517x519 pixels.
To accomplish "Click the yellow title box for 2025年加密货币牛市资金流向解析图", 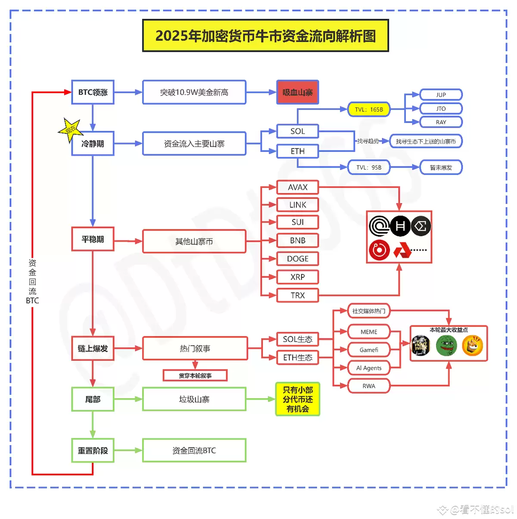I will tap(265, 36).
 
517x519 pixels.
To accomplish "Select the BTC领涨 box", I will tap(93, 92).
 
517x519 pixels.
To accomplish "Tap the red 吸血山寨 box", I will tap(297, 92).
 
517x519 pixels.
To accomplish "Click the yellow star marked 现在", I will tap(70, 129).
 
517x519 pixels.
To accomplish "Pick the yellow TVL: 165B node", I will tap(369, 109).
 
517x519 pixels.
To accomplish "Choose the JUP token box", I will tap(441, 95).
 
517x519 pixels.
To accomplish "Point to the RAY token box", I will tap(441, 122).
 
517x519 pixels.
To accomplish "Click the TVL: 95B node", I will tap(369, 167).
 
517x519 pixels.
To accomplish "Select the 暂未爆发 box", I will tap(441, 167).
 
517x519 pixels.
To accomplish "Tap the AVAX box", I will tap(297, 188).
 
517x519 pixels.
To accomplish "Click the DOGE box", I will tap(297, 259).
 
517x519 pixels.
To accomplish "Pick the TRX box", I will tap(297, 295).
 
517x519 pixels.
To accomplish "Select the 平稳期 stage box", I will tap(93, 239).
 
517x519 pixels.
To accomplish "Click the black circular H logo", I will tap(400, 226).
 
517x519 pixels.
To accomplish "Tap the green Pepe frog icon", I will tap(446, 346).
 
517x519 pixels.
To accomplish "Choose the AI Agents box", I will tap(369, 368).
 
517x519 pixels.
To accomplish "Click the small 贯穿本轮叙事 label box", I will tap(195, 375).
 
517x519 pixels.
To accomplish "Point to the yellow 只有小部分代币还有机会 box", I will tap(297, 399).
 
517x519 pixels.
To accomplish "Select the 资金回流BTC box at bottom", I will tap(194, 450).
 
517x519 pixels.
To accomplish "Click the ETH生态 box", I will tap(297, 358).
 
